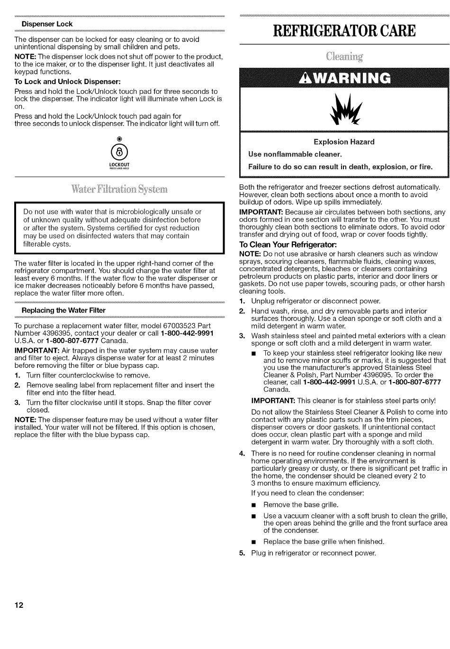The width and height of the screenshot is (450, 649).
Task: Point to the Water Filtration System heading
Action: [x=119, y=189]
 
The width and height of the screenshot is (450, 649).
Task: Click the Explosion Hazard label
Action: [x=344, y=142]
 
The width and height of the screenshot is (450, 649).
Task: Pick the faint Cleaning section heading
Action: [x=344, y=57]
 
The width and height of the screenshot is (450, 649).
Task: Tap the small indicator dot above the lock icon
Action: [x=119, y=138]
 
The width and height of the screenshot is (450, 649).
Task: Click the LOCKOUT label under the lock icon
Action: [x=119, y=165]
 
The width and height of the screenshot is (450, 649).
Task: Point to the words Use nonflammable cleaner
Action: [x=295, y=154]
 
